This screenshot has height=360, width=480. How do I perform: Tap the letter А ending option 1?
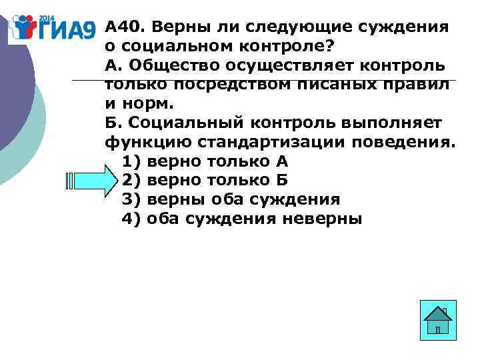[x=281, y=161]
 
